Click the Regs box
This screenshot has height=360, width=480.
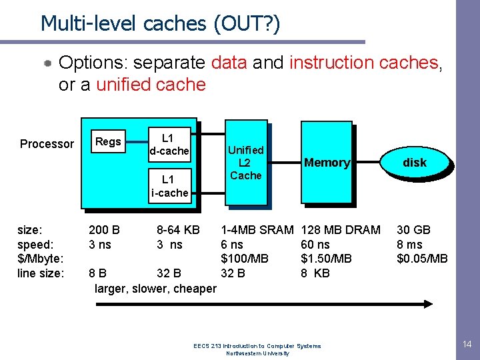pos(108,141)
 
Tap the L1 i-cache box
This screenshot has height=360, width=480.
pos(169,186)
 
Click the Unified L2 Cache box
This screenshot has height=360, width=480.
pos(246,162)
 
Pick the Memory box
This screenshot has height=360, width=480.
pos(326,162)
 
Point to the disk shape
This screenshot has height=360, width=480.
pos(414,162)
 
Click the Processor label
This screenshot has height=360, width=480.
pos(47,144)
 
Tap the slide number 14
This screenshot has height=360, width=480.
pos(467,344)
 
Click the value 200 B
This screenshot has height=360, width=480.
pos(105,230)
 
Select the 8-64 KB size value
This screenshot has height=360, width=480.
pos(178,230)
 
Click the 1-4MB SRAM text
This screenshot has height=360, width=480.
pos(257,230)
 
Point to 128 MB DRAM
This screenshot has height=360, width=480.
pos(341,230)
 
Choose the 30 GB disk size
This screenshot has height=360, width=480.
pos(413,230)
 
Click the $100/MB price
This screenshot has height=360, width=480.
pos(245,259)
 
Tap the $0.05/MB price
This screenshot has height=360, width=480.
pos(422,259)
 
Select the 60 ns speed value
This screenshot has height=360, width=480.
pos(316,245)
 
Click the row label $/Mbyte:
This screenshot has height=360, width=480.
pos(39,259)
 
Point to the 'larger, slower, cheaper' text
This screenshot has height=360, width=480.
pos(155,289)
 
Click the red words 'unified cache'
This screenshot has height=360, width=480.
pos(151,85)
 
